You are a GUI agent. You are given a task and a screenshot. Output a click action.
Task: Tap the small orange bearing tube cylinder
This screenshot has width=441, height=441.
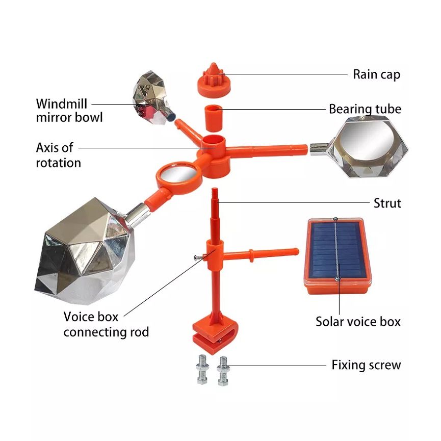tap(214, 118)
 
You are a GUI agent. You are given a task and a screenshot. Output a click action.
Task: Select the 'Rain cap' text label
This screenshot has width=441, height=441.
tap(376, 74)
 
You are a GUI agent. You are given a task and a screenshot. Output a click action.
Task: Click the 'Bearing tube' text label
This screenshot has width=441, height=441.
tap(365, 109)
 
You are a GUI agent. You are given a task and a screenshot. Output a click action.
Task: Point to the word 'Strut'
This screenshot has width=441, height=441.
tap(387, 203)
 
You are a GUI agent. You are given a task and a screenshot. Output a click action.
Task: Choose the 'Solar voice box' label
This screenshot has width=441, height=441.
tap(358, 322)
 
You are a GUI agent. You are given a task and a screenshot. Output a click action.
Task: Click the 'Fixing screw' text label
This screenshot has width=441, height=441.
tap(366, 365)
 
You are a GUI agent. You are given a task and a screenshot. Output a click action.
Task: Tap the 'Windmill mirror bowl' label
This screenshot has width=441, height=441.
tap(69, 111)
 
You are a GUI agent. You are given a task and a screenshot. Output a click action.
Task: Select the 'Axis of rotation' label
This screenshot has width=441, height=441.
tap(59, 155)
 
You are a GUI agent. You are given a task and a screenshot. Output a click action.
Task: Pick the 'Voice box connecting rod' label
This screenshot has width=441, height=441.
tap(106, 324)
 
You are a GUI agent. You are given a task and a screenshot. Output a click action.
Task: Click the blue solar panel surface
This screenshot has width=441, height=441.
tap(338, 249)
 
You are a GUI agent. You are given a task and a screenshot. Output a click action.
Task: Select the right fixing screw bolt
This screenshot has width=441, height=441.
tap(223, 371)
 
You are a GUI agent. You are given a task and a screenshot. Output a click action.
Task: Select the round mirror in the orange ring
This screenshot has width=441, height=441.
tap(179, 175)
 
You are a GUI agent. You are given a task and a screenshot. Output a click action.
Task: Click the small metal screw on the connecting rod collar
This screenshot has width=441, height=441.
tap(199, 257)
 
